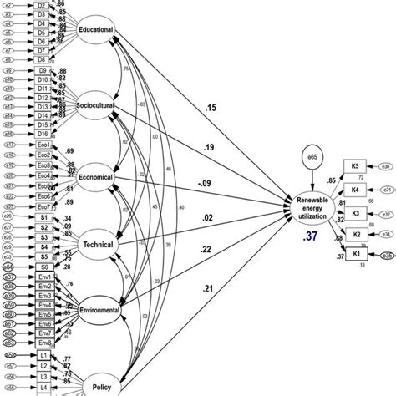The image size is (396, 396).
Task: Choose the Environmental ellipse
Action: click(x=99, y=310)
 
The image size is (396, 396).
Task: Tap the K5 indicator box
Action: click(x=357, y=166)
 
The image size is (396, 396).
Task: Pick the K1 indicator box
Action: click(x=357, y=254)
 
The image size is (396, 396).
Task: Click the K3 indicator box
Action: click(x=357, y=212)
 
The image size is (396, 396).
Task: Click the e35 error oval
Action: click(x=386, y=255)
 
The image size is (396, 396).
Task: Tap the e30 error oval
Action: click(x=386, y=167)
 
